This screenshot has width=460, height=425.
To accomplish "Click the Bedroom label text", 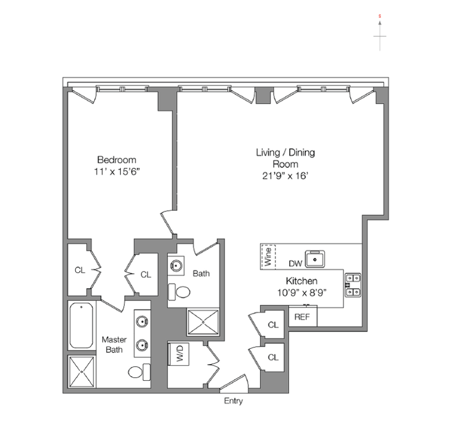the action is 117,160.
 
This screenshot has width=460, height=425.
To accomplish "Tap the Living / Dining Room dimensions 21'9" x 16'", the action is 285,176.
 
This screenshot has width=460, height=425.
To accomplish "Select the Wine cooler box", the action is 268,257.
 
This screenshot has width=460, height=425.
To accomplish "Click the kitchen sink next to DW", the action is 315,259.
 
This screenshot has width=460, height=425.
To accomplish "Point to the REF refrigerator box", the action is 303,316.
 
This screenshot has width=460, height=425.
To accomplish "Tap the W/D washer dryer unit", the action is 178,354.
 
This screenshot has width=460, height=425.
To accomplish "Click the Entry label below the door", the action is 233,401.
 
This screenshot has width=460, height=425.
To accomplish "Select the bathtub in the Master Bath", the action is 81,325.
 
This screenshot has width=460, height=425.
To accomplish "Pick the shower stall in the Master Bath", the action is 82,372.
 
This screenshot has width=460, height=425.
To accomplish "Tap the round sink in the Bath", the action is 176,265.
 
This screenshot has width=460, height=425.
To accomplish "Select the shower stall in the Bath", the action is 203,322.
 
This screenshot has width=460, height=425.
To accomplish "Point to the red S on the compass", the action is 379,16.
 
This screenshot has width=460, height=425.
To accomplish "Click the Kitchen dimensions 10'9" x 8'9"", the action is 302,292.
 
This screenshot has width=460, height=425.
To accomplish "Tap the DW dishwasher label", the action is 296,264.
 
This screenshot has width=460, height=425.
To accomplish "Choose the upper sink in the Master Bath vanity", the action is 142,322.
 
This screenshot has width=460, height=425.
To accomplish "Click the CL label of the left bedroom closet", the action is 80,270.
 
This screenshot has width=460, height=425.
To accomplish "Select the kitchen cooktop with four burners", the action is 352,285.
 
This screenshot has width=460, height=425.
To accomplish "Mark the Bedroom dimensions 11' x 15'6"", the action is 116,172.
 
